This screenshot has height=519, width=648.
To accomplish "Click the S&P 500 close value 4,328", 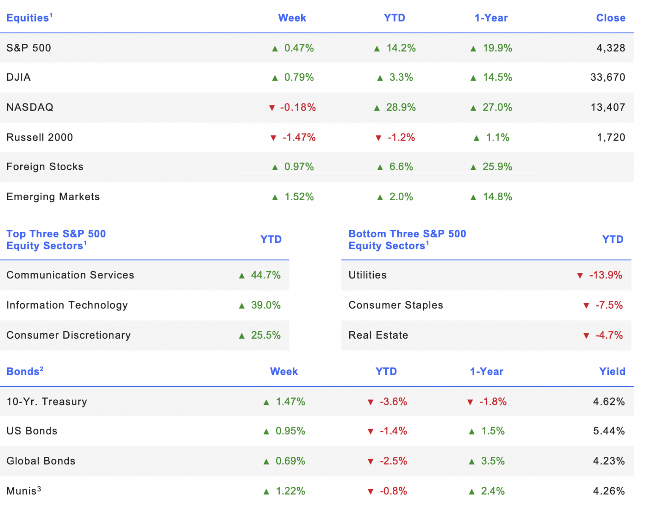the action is pos(610,48).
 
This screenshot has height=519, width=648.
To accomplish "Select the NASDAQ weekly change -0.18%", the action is pos(297,107).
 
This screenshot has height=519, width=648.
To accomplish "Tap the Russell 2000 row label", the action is pos(40,137).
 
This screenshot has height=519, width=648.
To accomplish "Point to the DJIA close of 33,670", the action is pos(607,77).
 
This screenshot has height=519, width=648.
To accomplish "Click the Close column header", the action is pos(610,18).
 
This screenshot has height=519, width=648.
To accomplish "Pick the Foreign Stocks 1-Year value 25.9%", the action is pos(497,167).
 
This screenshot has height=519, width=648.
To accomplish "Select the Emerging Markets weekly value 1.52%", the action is pos(299,197).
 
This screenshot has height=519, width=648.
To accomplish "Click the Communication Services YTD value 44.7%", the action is pos(266,275).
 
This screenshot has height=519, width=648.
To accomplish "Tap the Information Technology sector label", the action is pos(67,305).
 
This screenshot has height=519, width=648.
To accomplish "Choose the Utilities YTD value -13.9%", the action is pos(605,275).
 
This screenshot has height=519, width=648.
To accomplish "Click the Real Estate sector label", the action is pos(378,335).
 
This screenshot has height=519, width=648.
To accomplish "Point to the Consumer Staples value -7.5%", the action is pos(608,305).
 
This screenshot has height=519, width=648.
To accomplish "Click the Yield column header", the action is pos(612,371).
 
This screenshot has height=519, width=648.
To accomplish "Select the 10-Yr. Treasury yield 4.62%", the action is pos(608,402).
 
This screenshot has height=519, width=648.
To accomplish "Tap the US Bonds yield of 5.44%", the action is pos(608,431).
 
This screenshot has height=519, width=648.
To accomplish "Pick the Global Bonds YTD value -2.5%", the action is pos(393,461).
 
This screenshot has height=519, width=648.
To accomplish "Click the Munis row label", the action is pos(24,491).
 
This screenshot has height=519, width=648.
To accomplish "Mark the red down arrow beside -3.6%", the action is pos(370,402).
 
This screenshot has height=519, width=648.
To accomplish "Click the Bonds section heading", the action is pos(25,371).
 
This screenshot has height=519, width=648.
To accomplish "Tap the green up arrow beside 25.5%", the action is pos(241,336).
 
